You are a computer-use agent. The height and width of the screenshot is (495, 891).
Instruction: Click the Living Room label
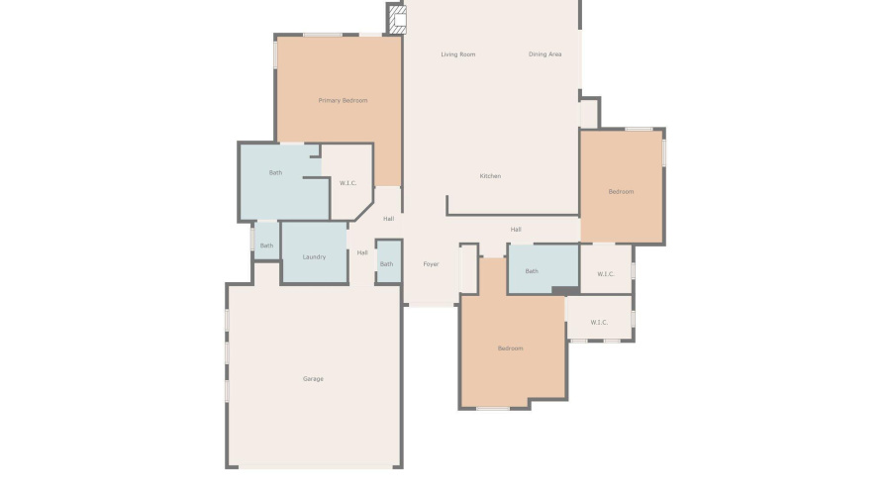pyautogui.click(x=458, y=54)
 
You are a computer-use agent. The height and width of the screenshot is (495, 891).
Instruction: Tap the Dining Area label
pyautogui.click(x=544, y=54)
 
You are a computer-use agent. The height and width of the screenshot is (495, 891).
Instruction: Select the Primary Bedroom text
pyautogui.click(x=343, y=101)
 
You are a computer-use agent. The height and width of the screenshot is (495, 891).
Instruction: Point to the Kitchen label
pyautogui.click(x=490, y=176)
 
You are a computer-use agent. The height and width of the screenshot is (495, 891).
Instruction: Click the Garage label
pyautogui.click(x=313, y=379)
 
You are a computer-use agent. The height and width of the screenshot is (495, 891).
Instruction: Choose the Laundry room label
pyautogui.click(x=314, y=257)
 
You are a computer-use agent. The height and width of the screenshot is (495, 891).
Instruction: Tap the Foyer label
pyautogui.click(x=431, y=264)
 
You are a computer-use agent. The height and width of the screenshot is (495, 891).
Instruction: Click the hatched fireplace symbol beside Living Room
pyautogui.click(x=397, y=20)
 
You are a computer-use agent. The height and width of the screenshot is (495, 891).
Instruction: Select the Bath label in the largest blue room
pyautogui.click(x=275, y=173)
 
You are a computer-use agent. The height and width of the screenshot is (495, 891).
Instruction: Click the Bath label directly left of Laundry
pyautogui.click(x=266, y=246)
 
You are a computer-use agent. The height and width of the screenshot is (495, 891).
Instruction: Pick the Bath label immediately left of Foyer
pyautogui.click(x=386, y=264)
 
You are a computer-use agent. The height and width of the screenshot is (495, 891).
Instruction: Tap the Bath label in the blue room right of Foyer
pyautogui.click(x=532, y=271)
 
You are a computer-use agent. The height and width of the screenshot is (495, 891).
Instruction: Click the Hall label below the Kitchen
pyautogui.click(x=516, y=230)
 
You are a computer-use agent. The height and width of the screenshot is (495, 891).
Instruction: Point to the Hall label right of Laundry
pyautogui.click(x=362, y=252)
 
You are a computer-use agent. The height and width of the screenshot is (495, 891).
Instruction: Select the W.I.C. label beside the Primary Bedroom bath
pyautogui.click(x=347, y=183)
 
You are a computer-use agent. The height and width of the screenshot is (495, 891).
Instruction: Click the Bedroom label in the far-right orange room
pyautogui.click(x=621, y=191)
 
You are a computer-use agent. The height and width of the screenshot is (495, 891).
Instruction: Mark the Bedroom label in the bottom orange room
pyautogui.click(x=510, y=348)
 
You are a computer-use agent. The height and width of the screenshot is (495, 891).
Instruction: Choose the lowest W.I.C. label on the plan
pyautogui.click(x=599, y=322)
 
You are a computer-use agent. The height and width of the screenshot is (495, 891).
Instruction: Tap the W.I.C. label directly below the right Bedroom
pyautogui.click(x=606, y=274)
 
